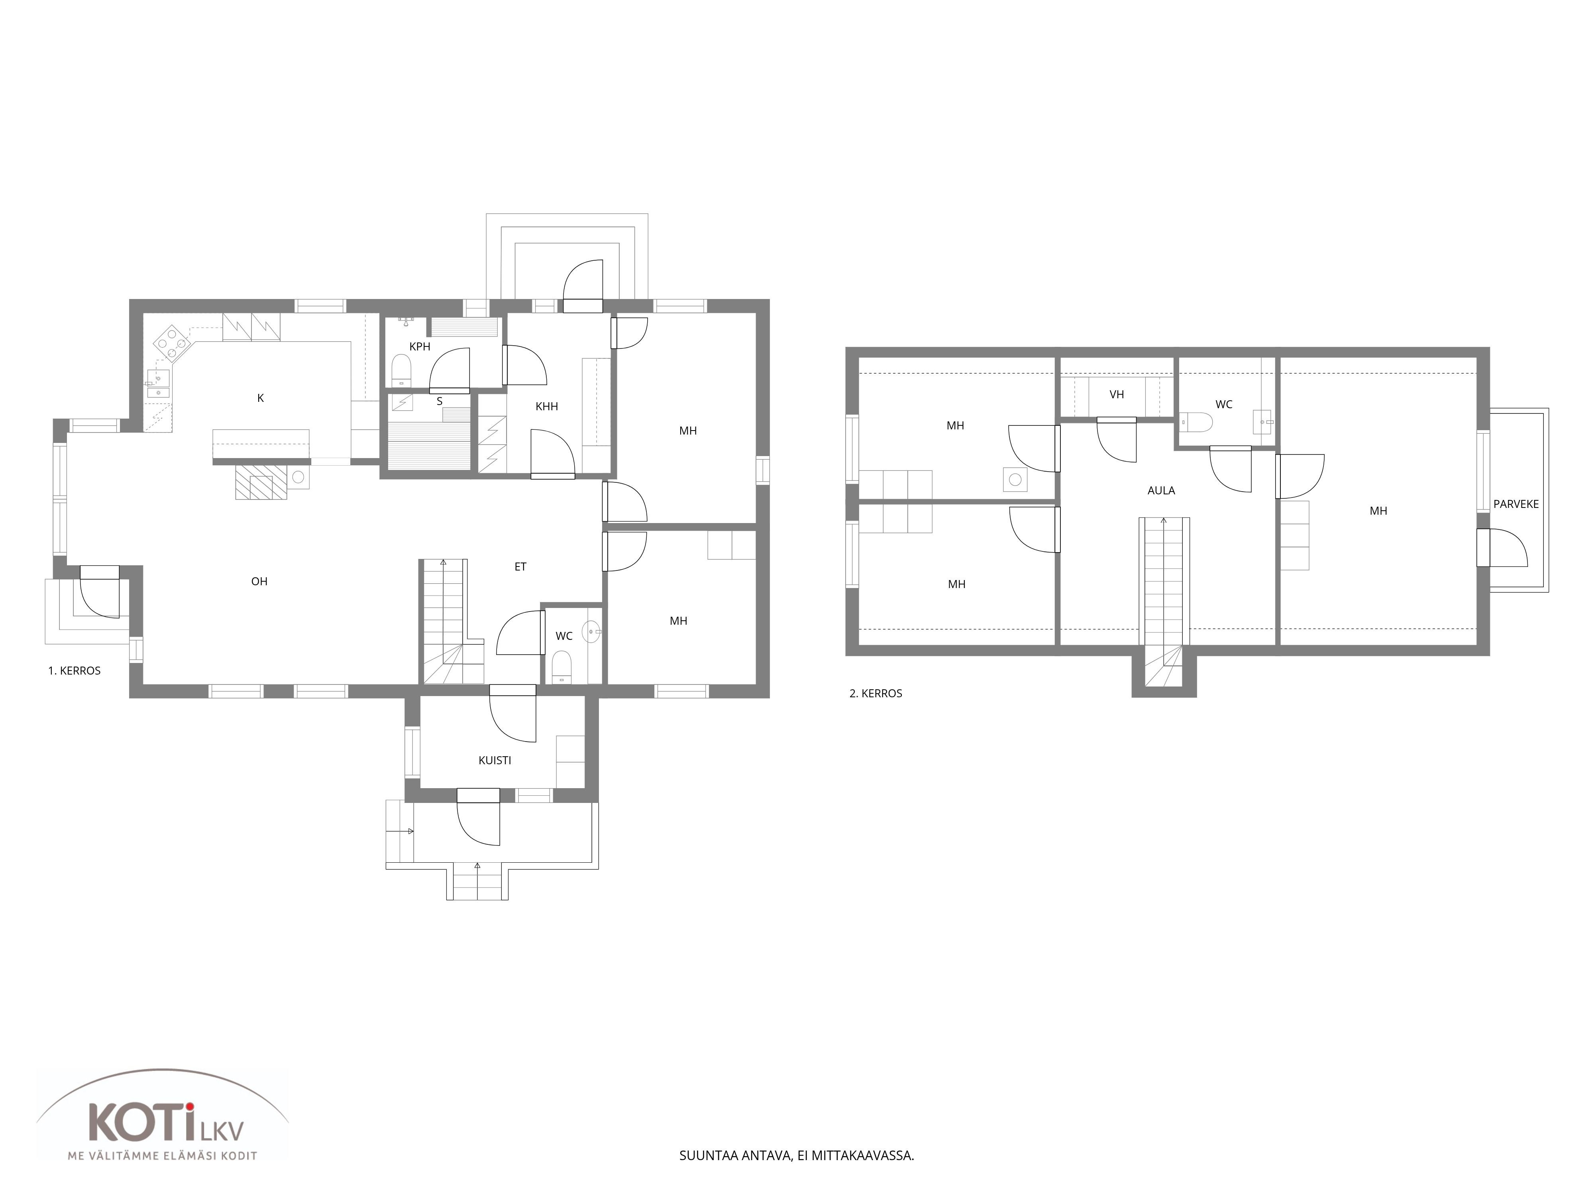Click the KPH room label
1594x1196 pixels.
click(x=419, y=347)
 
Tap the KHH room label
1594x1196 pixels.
click(x=547, y=407)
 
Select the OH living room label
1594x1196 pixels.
click(x=259, y=582)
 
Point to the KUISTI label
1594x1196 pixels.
click(x=495, y=761)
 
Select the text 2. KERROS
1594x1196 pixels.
click(x=876, y=694)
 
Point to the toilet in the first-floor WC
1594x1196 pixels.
click(x=561, y=667)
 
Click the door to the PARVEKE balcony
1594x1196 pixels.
click(x=1502, y=548)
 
